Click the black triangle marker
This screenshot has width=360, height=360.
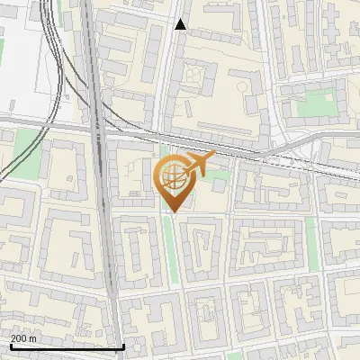(180, 24)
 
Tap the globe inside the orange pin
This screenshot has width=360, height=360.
(172, 176)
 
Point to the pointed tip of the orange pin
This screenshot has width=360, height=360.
(172, 211)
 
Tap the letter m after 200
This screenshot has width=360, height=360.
(33, 338)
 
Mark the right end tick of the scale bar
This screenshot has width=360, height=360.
(123, 346)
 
